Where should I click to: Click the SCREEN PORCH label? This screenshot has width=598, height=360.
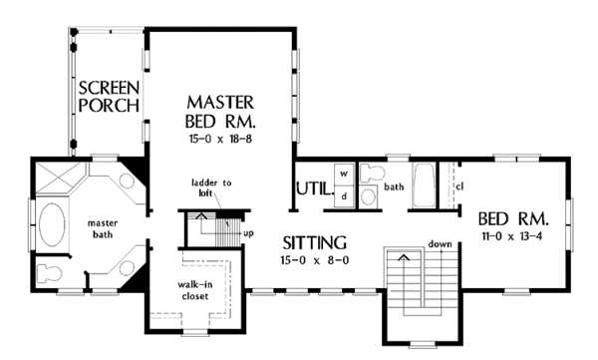(x=109, y=97)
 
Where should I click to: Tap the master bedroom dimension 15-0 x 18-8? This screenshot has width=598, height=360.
(x=220, y=139)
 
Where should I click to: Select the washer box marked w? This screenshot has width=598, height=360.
(x=345, y=175)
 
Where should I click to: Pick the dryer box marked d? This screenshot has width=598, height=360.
(x=345, y=197)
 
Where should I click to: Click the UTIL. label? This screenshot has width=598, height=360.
(x=315, y=188)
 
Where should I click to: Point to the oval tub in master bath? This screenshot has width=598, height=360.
(x=52, y=224)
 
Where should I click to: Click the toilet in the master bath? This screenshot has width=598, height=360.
(x=49, y=273)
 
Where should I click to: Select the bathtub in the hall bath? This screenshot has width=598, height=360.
(x=424, y=185)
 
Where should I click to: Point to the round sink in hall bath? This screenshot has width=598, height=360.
(x=369, y=197)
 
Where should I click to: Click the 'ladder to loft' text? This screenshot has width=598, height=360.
(x=211, y=187)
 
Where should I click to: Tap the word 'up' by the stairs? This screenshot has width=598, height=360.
(x=248, y=233)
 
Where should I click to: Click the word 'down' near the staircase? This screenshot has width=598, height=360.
(x=440, y=244)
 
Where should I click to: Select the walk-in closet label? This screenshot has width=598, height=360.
(x=195, y=290)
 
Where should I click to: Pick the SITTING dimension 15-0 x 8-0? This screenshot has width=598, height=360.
(x=315, y=260)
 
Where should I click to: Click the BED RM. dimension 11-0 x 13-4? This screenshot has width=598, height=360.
(x=512, y=236)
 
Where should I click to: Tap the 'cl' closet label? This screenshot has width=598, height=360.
(x=459, y=186)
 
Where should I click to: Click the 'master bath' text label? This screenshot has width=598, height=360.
(x=103, y=228)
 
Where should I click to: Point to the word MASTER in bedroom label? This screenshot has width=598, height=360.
(x=220, y=103)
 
